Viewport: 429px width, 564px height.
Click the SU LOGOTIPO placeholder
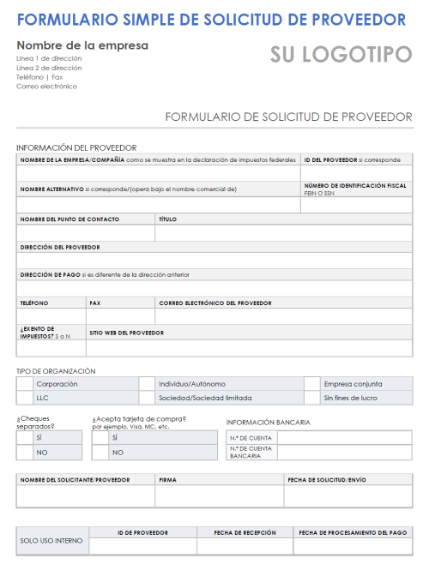tap(341, 55)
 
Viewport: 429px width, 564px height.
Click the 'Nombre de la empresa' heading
tap(82, 45)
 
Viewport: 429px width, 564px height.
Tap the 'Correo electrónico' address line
tap(46, 86)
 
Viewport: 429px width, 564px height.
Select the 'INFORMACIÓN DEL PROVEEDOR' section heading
tap(76, 147)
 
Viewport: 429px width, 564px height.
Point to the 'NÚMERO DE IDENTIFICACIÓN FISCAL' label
tap(355, 185)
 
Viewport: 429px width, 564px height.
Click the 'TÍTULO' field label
tap(167, 219)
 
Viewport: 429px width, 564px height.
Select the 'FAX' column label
tap(95, 303)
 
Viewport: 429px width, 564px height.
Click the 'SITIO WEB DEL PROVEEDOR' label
tap(127, 332)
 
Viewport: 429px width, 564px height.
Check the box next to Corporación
tap(24, 384)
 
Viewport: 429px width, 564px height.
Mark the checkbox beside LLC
tap(24, 398)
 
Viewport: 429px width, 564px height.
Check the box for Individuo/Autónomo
tap(147, 384)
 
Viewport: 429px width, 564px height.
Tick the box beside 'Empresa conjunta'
tap(311, 384)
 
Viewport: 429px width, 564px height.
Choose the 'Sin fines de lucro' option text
tap(350, 398)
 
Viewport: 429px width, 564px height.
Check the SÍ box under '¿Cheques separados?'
tap(24, 437)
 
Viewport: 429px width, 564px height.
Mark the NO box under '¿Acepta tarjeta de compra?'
tap(100, 452)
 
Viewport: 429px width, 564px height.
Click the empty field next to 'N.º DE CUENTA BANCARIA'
tap(344, 453)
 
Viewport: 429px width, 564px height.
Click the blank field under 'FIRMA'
tap(219, 496)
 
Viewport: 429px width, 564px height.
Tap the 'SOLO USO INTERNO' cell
tap(52, 542)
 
